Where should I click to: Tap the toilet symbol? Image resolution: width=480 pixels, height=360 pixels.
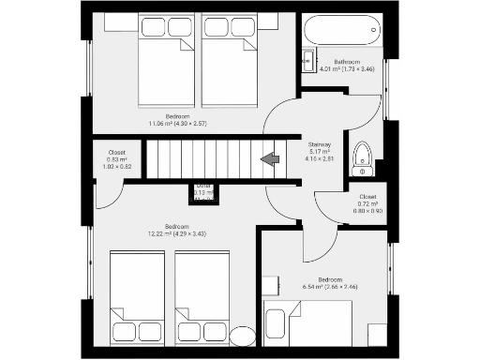362,160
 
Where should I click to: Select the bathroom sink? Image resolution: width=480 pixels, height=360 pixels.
308,62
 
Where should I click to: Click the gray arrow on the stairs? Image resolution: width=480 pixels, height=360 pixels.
272,158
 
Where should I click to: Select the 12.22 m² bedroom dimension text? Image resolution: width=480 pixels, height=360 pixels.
176,232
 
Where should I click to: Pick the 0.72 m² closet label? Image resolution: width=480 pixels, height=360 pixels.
367,203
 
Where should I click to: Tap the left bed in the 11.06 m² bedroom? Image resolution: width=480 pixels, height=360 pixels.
166,59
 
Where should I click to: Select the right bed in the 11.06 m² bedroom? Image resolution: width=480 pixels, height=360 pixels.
230,59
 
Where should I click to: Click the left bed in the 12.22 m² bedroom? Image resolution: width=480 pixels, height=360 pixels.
137,295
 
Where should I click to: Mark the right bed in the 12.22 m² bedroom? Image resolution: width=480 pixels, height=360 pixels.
202,295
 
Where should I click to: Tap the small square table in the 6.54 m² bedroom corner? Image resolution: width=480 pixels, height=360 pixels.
377,334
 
